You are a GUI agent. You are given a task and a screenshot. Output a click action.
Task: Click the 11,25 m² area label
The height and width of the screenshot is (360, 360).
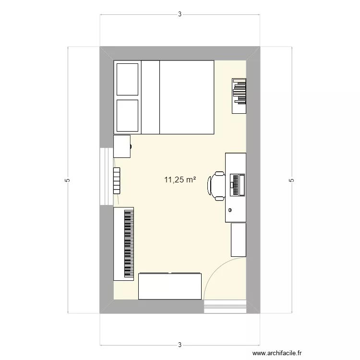180,180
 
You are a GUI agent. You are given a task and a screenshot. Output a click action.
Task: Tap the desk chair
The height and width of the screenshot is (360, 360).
216,185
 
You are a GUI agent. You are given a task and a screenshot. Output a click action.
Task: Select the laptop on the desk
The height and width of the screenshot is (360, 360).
237,185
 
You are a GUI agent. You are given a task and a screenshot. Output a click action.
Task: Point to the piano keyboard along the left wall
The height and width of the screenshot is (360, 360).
124,244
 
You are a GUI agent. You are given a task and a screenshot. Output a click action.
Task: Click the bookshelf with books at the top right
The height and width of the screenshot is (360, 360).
239,96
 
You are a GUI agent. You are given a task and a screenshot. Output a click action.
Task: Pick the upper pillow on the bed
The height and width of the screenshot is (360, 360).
128,78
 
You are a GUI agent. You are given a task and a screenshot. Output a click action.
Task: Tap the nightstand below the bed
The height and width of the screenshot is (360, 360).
122,146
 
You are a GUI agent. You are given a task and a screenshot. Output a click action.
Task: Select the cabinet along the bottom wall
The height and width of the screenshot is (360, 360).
170,286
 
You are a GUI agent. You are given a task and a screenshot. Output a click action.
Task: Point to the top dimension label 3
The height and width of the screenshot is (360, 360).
180,14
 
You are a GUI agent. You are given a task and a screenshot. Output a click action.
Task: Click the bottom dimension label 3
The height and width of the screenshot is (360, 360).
180,345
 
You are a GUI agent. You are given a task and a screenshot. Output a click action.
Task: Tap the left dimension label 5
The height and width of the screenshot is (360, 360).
68,180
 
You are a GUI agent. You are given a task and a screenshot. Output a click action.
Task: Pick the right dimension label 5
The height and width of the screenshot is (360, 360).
291,180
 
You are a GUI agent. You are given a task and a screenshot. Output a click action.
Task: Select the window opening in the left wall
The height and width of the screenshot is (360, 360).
106,176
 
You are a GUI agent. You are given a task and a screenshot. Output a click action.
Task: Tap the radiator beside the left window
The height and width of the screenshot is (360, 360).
117,180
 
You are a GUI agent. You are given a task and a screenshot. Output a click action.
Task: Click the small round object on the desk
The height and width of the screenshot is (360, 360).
231,210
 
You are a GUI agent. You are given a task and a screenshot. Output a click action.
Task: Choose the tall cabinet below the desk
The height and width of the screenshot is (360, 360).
238,240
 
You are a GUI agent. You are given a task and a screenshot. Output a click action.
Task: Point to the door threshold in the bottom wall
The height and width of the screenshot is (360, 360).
225,307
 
